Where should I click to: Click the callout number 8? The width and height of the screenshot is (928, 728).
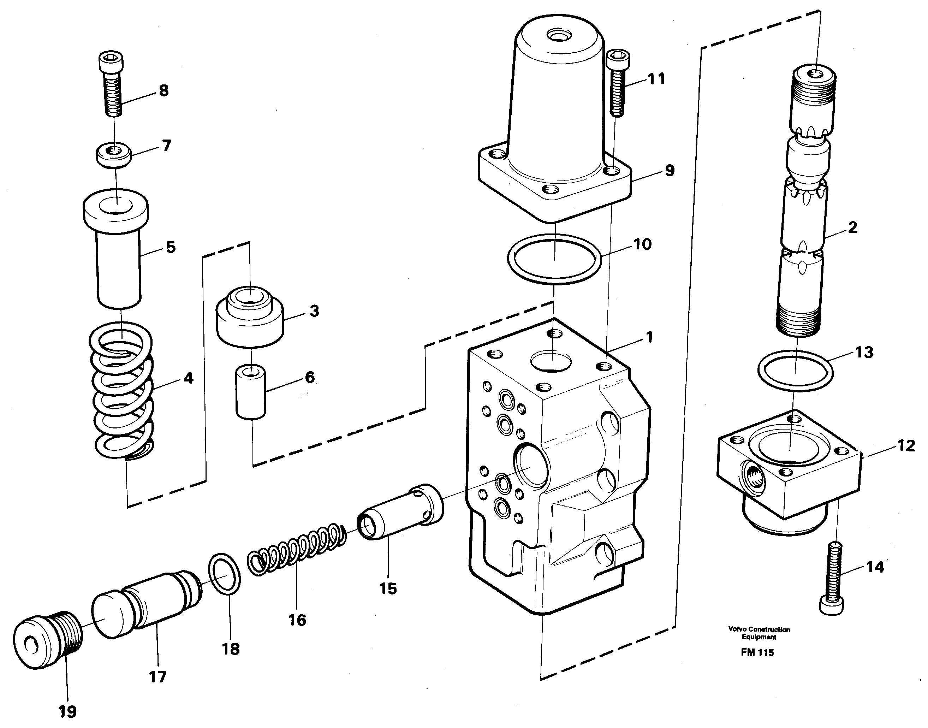163,90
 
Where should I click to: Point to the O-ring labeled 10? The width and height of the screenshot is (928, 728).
554,259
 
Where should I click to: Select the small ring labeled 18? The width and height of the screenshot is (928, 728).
225,573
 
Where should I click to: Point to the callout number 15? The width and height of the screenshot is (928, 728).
388,588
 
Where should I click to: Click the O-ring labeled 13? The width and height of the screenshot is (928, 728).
795,369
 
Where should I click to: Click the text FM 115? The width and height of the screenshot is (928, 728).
757,652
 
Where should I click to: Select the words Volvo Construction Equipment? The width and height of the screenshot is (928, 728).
759,633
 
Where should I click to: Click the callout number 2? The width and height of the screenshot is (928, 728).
852,227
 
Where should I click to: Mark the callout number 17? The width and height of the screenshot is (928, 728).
157,676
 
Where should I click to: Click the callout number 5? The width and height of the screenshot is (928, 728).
171,247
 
